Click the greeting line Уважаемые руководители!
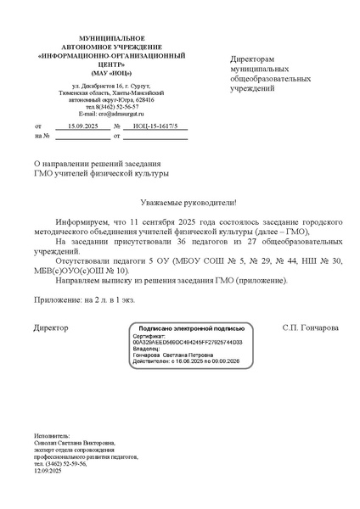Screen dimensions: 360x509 tap(188, 204)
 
